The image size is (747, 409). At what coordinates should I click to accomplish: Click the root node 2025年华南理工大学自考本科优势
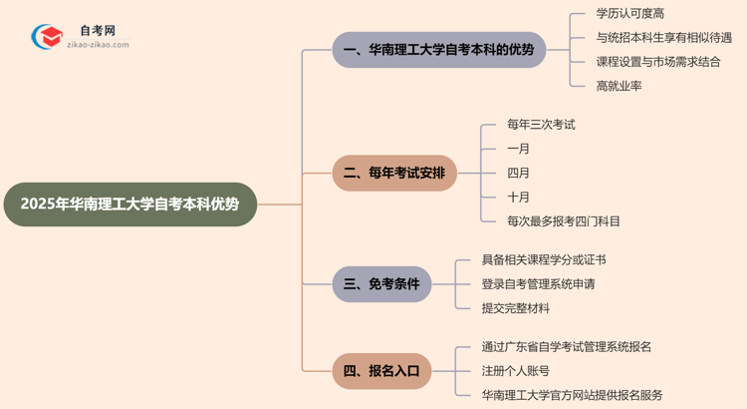[x=129, y=204]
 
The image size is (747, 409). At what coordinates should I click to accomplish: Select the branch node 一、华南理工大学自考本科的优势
[x=438, y=50]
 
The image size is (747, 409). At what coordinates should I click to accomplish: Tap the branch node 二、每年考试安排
[x=394, y=173]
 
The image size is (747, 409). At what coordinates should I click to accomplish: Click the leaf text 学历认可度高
[x=630, y=13]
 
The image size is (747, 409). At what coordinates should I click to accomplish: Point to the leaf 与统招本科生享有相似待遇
[x=663, y=38]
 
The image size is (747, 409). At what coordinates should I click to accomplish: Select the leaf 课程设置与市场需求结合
[x=657, y=62]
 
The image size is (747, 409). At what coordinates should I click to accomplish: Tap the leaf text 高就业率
[x=619, y=86]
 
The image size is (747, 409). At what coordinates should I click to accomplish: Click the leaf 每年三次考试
[x=541, y=125]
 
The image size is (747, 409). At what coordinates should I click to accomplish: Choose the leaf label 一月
[x=518, y=149]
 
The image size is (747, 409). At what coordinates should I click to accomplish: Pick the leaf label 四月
[x=518, y=173]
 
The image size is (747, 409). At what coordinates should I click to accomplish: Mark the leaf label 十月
[x=518, y=197]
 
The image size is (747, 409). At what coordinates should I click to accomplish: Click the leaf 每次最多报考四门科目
[x=563, y=221]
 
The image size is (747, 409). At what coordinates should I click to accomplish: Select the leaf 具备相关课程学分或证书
[x=543, y=259]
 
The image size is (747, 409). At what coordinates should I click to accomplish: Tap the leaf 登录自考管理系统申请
[x=538, y=284]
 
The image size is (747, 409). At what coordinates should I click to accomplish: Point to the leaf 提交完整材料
[x=515, y=308]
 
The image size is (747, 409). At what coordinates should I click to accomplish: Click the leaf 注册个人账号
[x=515, y=371]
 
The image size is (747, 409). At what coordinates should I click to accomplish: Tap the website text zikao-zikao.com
[x=97, y=45]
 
